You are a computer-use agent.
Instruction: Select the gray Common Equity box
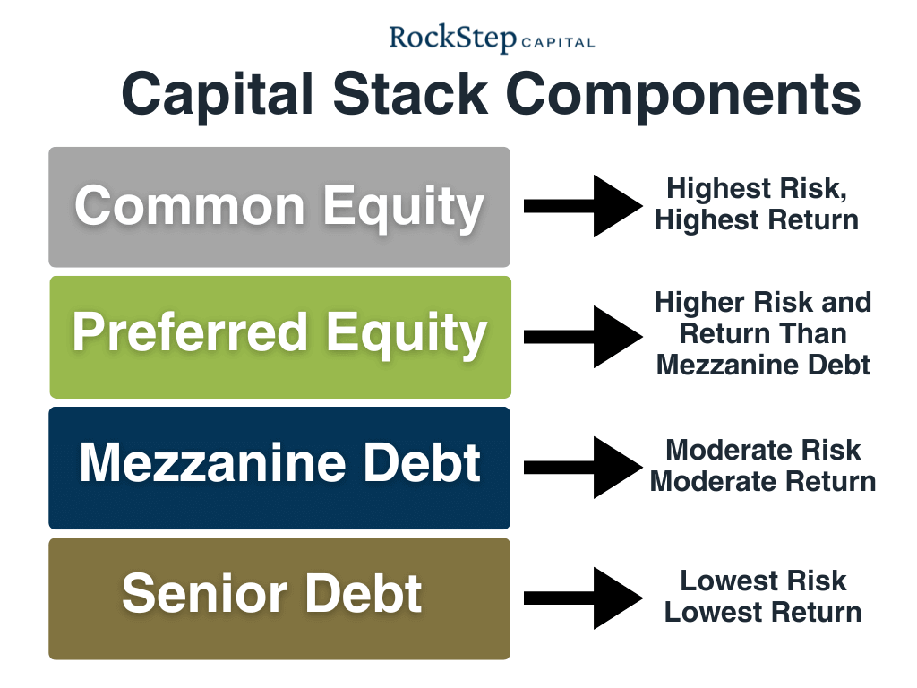(279, 207)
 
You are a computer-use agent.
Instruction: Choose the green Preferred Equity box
(279, 337)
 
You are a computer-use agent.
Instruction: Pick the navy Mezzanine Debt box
(279, 467)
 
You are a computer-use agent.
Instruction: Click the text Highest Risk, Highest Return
(757, 204)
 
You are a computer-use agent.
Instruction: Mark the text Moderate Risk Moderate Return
(763, 465)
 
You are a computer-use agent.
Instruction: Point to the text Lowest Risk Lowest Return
(763, 597)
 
